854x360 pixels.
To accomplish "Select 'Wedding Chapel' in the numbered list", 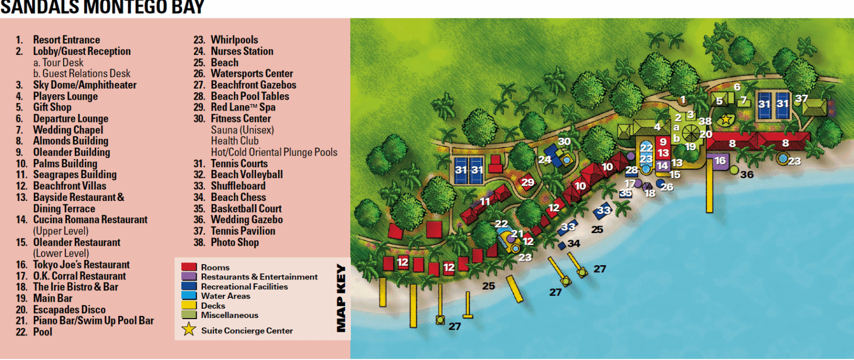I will pyautogui.click(x=68, y=130).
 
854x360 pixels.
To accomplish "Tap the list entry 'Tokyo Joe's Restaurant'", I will pyautogui.click(x=81, y=265).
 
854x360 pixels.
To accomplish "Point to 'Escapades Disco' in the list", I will pyautogui.click(x=69, y=309).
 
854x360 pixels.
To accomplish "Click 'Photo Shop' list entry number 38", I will pyautogui.click(x=235, y=242).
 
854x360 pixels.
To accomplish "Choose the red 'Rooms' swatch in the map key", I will pyautogui.click(x=188, y=267).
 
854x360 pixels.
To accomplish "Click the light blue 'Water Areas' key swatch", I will pyautogui.click(x=188, y=296).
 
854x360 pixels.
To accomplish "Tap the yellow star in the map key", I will pyautogui.click(x=188, y=330).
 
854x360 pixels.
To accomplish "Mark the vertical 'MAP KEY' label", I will pyautogui.click(x=341, y=298).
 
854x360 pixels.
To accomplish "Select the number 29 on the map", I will pyautogui.click(x=527, y=182).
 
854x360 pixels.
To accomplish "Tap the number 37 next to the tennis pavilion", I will pyautogui.click(x=801, y=99).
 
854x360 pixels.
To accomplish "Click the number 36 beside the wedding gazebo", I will pyautogui.click(x=746, y=175).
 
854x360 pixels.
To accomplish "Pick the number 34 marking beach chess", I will pyautogui.click(x=574, y=243).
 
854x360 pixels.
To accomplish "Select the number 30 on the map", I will pyautogui.click(x=564, y=142).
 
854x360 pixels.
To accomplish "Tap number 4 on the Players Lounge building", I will pyautogui.click(x=657, y=127).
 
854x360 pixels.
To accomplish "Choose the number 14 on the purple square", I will pyautogui.click(x=662, y=166).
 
